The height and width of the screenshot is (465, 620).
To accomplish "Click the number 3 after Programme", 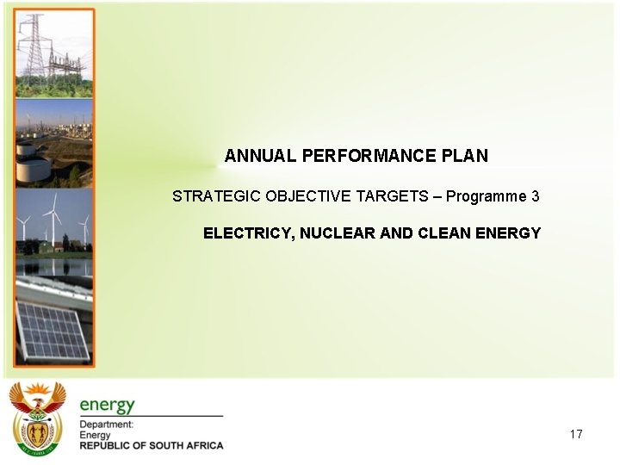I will [535, 196].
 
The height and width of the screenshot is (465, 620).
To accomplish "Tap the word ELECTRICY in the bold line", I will [245, 233].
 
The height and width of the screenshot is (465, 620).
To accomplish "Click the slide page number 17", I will [576, 434].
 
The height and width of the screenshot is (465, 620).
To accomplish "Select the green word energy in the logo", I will [108, 405].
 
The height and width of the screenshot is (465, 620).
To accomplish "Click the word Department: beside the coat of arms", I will [107, 425].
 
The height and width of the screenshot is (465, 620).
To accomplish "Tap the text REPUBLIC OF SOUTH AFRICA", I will [152, 445].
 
